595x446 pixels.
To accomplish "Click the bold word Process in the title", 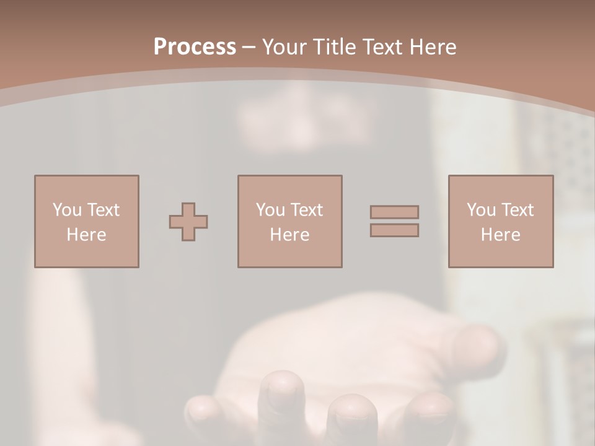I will [195, 47].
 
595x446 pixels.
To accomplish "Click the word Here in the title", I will [432, 47].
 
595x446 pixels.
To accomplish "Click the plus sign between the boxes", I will [188, 222].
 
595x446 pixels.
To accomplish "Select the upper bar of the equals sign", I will [394, 212].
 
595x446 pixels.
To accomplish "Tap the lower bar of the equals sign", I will [394, 230].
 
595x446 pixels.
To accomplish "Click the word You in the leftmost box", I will [66, 210].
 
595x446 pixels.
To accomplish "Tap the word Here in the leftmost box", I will [87, 235].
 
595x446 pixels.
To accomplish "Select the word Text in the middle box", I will [307, 210].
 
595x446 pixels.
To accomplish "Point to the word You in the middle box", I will [270, 210].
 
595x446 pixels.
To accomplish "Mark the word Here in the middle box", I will [290, 235].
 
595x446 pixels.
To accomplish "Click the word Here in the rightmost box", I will [501, 235].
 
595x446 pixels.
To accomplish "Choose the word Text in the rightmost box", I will [518, 210].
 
